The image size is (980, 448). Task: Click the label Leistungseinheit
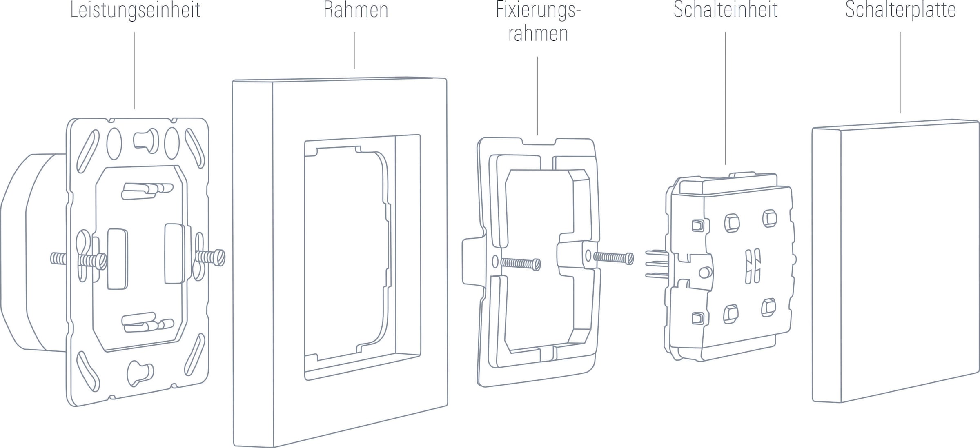pos(135,11)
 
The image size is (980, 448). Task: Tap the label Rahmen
pos(355,11)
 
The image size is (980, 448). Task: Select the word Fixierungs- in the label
pos(538,11)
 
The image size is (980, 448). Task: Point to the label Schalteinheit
pos(725,11)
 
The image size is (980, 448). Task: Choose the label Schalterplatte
pos(900,11)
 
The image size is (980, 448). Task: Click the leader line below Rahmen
pos(355,51)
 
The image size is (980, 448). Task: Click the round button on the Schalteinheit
pos(705,273)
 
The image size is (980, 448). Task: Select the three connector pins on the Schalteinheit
pos(656,264)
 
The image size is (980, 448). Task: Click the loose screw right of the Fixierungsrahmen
pos(613,257)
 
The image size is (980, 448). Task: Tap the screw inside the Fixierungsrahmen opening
pos(521,264)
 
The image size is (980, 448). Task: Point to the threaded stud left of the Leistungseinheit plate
pos(58,259)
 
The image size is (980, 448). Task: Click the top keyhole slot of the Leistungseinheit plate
pos(146,141)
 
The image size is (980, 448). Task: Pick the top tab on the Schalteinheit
pos(742,175)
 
